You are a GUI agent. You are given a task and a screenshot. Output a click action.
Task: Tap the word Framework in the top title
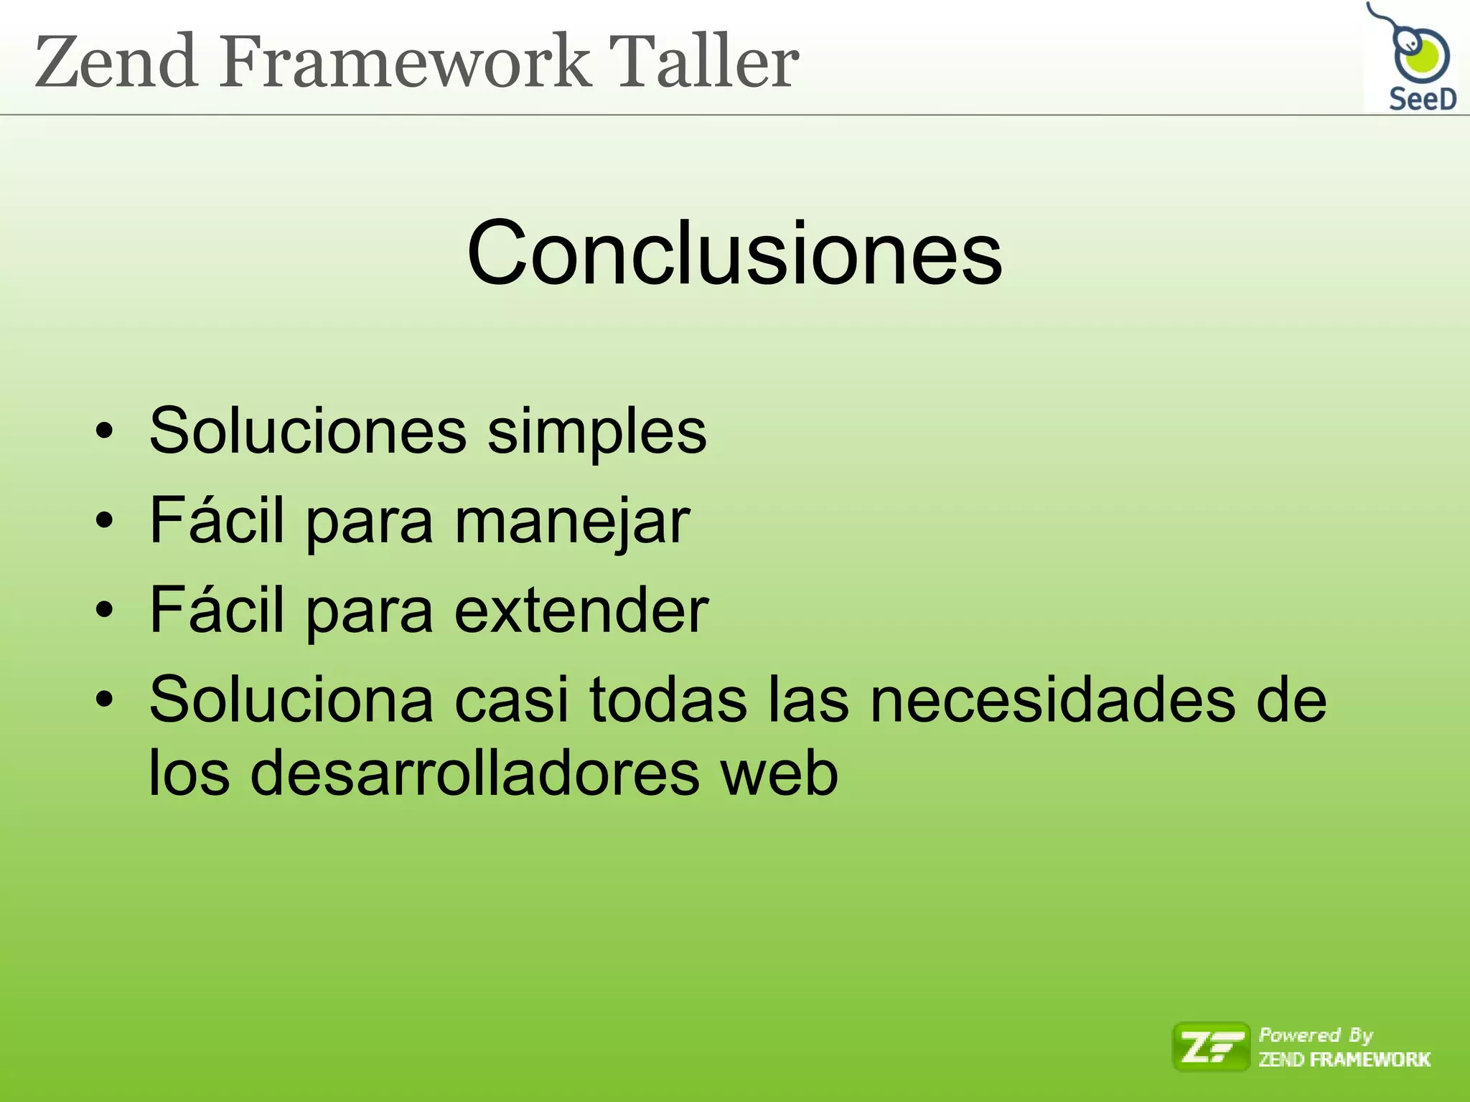click(x=406, y=62)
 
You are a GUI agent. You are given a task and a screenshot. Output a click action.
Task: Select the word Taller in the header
click(x=703, y=62)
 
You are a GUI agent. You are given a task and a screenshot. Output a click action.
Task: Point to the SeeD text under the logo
click(x=1422, y=99)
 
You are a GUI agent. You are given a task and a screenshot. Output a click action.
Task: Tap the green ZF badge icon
click(x=1211, y=1047)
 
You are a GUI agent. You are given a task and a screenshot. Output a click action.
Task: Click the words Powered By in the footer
click(x=1316, y=1035)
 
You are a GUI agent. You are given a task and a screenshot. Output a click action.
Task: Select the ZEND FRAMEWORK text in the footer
click(x=1344, y=1060)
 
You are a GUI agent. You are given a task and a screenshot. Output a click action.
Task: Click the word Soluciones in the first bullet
click(x=308, y=430)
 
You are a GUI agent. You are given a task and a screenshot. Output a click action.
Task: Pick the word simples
click(x=596, y=432)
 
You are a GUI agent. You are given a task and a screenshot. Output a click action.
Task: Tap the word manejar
click(x=572, y=522)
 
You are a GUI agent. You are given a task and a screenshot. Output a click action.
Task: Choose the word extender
click(x=581, y=610)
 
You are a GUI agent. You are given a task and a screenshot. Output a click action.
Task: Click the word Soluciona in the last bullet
click(x=291, y=700)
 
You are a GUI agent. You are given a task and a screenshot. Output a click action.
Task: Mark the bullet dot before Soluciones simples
click(x=105, y=432)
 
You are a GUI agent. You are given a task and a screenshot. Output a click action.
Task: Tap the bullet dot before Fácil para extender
click(x=105, y=611)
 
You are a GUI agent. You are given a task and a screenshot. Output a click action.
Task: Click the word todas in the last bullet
click(x=668, y=700)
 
